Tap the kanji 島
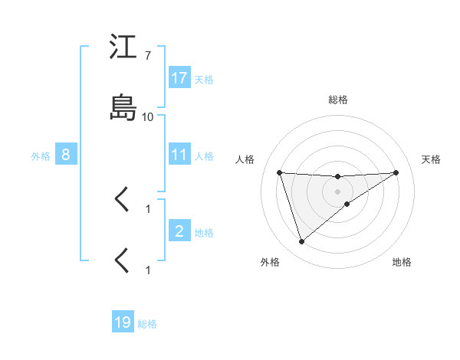pos(123,106)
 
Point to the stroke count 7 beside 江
pos(147,57)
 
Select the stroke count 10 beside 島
pos(148,117)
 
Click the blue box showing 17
pos(179,78)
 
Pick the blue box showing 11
pos(179,155)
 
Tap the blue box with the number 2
pos(179,231)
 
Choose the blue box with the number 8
pos(66,155)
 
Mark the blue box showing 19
pos(123,322)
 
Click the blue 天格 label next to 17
pos(204,79)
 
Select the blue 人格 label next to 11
pos(204,155)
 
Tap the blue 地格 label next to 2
pos(204,232)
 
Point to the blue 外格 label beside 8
pos(41,155)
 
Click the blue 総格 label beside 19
pos(147,323)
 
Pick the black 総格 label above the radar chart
pos(338,100)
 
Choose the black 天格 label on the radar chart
pos(431,159)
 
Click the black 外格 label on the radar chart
pos(270,263)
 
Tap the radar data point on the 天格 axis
pos(396,172)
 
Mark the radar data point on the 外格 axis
pos(301,242)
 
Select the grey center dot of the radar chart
pos(338,191)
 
